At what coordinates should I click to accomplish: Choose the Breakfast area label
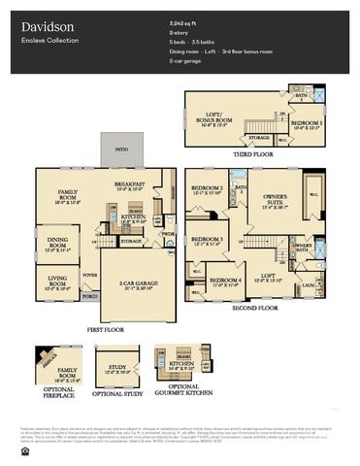tap(130, 184)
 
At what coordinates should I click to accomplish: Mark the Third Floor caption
tap(252, 154)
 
